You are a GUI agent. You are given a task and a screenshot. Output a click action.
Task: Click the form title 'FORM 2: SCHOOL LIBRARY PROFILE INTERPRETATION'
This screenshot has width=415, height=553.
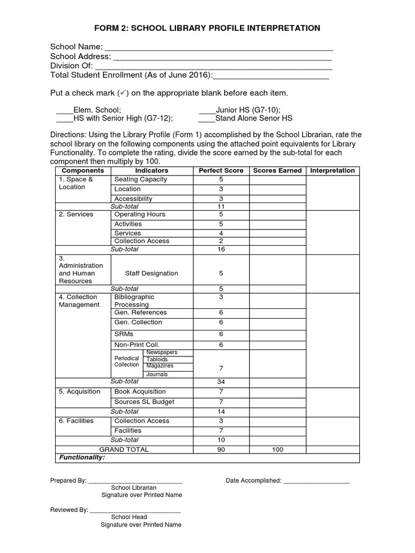(x=207, y=28)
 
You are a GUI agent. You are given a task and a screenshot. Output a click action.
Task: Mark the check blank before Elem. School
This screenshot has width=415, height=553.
(x=64, y=110)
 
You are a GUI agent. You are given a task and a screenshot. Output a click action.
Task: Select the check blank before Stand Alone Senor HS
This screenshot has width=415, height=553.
(x=206, y=119)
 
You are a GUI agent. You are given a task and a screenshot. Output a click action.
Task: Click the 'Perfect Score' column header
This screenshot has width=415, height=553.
(x=220, y=171)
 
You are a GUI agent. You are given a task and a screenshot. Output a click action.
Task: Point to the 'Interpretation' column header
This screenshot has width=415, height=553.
(x=332, y=171)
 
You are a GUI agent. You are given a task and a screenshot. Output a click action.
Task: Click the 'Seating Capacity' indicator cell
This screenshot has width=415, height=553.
(x=140, y=179)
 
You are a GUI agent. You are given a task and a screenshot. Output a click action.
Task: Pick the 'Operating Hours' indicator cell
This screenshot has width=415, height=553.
(x=140, y=214)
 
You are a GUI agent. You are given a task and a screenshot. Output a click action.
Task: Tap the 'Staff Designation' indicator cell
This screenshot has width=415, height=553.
(x=151, y=273)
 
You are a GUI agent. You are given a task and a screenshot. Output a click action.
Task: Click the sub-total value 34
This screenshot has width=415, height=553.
(x=220, y=382)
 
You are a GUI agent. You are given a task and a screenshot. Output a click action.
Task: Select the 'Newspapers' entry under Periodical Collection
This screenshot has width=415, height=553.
(x=162, y=353)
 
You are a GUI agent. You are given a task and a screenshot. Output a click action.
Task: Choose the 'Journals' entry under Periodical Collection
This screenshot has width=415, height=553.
(x=157, y=374)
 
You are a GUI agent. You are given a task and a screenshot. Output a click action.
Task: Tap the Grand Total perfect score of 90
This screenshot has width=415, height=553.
(x=220, y=449)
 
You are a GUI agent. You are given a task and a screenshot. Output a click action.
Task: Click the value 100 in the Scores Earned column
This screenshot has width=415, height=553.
(x=277, y=449)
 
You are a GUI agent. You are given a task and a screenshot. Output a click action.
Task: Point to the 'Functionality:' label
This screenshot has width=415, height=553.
(x=81, y=457)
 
